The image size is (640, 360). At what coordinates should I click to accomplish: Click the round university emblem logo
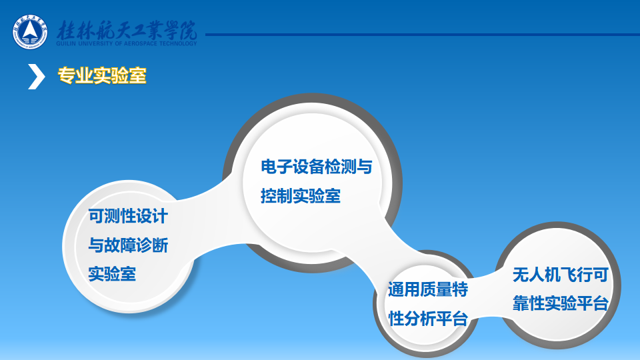(30, 32)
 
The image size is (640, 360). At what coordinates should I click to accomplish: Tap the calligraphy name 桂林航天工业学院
(127, 30)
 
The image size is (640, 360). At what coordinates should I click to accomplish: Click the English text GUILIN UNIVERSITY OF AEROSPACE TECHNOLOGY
(127, 43)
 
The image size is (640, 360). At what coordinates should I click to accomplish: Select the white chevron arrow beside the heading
(36, 76)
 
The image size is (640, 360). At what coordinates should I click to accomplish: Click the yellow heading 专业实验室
(102, 75)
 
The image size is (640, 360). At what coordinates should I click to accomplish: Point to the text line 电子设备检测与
(316, 167)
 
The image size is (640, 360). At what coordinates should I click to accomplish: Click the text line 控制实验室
(301, 196)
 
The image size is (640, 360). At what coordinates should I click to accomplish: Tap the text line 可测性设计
(128, 216)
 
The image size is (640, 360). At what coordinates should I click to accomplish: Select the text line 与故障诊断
(128, 245)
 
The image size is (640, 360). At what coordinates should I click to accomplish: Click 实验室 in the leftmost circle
(112, 273)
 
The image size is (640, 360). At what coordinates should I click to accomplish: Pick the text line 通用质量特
(428, 289)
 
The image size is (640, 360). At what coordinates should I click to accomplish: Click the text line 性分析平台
(428, 319)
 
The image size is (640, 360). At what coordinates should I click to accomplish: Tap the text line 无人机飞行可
(561, 275)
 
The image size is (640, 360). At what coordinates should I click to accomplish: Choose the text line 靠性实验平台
(561, 303)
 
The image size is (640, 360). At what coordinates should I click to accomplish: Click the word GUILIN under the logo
(65, 43)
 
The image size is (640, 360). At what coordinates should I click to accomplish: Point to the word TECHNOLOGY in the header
(178, 43)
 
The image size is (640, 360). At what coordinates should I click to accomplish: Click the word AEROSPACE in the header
(140, 43)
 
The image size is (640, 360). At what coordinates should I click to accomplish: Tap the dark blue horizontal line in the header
(423, 35)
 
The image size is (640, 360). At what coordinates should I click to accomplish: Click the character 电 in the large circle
(268, 167)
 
